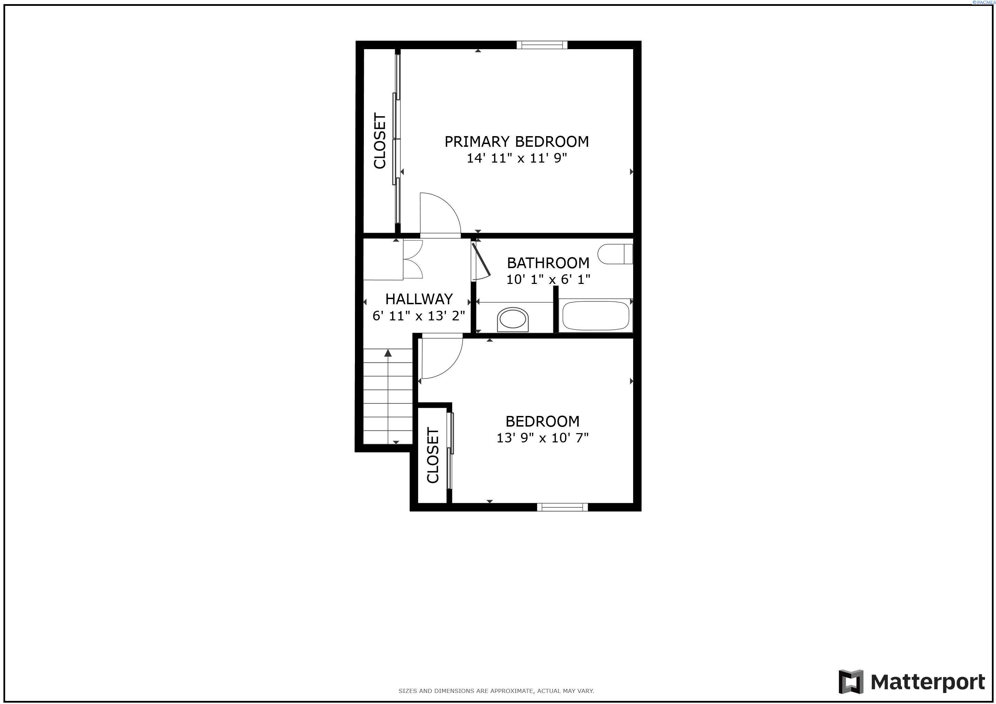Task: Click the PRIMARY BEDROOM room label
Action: click(x=516, y=142)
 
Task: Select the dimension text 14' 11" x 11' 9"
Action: click(x=516, y=158)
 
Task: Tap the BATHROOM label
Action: click(x=548, y=263)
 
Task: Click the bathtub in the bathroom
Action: click(x=595, y=316)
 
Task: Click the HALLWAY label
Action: click(x=419, y=299)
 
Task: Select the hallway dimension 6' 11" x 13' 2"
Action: click(x=419, y=316)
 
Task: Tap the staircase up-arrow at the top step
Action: click(x=388, y=353)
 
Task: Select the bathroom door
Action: click(x=481, y=261)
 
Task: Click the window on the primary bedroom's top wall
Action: click(x=542, y=45)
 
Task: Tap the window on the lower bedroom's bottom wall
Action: click(x=562, y=507)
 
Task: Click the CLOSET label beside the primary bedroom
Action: click(x=380, y=141)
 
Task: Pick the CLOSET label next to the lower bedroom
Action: click(x=433, y=455)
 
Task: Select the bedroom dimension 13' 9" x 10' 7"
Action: click(x=542, y=438)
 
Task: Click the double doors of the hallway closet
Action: click(x=413, y=259)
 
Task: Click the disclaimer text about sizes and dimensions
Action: click(x=496, y=691)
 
